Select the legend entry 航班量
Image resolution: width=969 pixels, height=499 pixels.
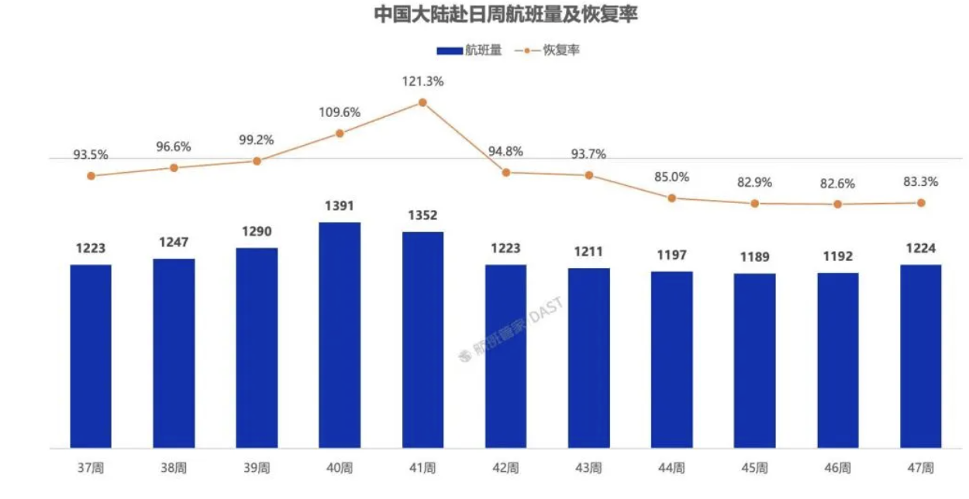(x=469, y=50)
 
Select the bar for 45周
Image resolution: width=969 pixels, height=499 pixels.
(x=755, y=360)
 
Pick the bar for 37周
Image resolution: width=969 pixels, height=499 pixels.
(x=91, y=356)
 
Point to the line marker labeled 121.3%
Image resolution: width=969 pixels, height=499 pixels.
(x=422, y=102)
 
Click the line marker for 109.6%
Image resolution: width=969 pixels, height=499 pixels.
(x=340, y=133)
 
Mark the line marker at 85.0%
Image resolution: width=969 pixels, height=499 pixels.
(x=672, y=198)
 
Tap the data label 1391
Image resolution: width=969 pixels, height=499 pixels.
(x=340, y=206)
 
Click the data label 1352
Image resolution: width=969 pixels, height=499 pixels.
(x=422, y=215)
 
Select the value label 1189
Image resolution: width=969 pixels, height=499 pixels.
(x=755, y=257)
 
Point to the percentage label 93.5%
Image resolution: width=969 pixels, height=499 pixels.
(x=91, y=155)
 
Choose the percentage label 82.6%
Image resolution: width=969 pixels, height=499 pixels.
(x=838, y=184)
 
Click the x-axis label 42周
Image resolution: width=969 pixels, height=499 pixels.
(x=505, y=468)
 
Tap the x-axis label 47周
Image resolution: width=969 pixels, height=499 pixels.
(x=921, y=468)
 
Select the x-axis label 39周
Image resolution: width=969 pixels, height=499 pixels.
(x=257, y=468)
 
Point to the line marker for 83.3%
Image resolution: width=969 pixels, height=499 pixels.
(x=921, y=203)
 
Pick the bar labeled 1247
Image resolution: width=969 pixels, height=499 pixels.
(x=174, y=353)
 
